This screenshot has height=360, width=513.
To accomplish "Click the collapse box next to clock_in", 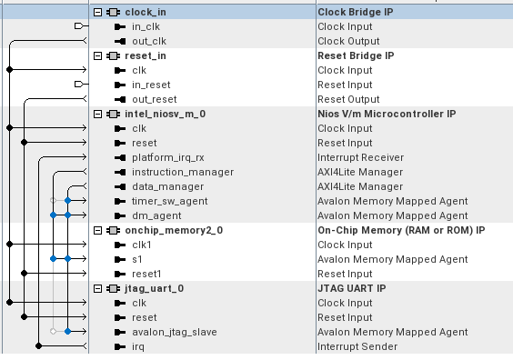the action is pyautogui.click(x=97, y=13).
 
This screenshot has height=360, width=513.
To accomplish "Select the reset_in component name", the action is pyautogui.click(x=146, y=56).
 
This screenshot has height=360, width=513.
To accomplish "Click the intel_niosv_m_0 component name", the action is pyautogui.click(x=166, y=115).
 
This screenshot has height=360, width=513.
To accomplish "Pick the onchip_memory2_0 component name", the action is pyautogui.click(x=174, y=231).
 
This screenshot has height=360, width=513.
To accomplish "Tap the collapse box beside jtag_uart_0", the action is pyautogui.click(x=97, y=289).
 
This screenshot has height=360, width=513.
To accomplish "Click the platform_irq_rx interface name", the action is pyautogui.click(x=168, y=158).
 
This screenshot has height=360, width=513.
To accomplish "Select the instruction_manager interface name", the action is pyautogui.click(x=183, y=173).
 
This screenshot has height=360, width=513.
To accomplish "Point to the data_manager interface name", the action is pyautogui.click(x=168, y=186).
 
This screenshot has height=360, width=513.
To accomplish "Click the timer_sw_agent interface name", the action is pyautogui.click(x=169, y=202).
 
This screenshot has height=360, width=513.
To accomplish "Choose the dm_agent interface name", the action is pyautogui.click(x=156, y=215).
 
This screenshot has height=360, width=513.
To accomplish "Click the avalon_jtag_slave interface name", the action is pyautogui.click(x=175, y=332).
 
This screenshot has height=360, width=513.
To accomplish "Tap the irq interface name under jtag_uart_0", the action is pyautogui.click(x=137, y=346).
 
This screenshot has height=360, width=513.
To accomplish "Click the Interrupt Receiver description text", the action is pyautogui.click(x=360, y=157).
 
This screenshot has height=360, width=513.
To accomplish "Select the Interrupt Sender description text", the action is pyautogui.click(x=357, y=346).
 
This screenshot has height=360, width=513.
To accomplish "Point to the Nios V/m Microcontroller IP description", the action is pyautogui.click(x=387, y=115).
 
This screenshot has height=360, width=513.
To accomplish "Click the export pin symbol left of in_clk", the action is pyautogui.click(x=79, y=25).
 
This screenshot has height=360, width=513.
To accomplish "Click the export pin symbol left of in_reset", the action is pyautogui.click(x=79, y=85).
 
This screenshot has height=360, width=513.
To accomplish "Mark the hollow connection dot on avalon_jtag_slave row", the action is pyautogui.click(x=54, y=332).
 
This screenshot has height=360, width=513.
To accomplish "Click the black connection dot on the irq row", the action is pyautogui.click(x=38, y=346).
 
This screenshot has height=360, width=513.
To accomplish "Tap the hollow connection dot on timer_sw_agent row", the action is pyautogui.click(x=54, y=200).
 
